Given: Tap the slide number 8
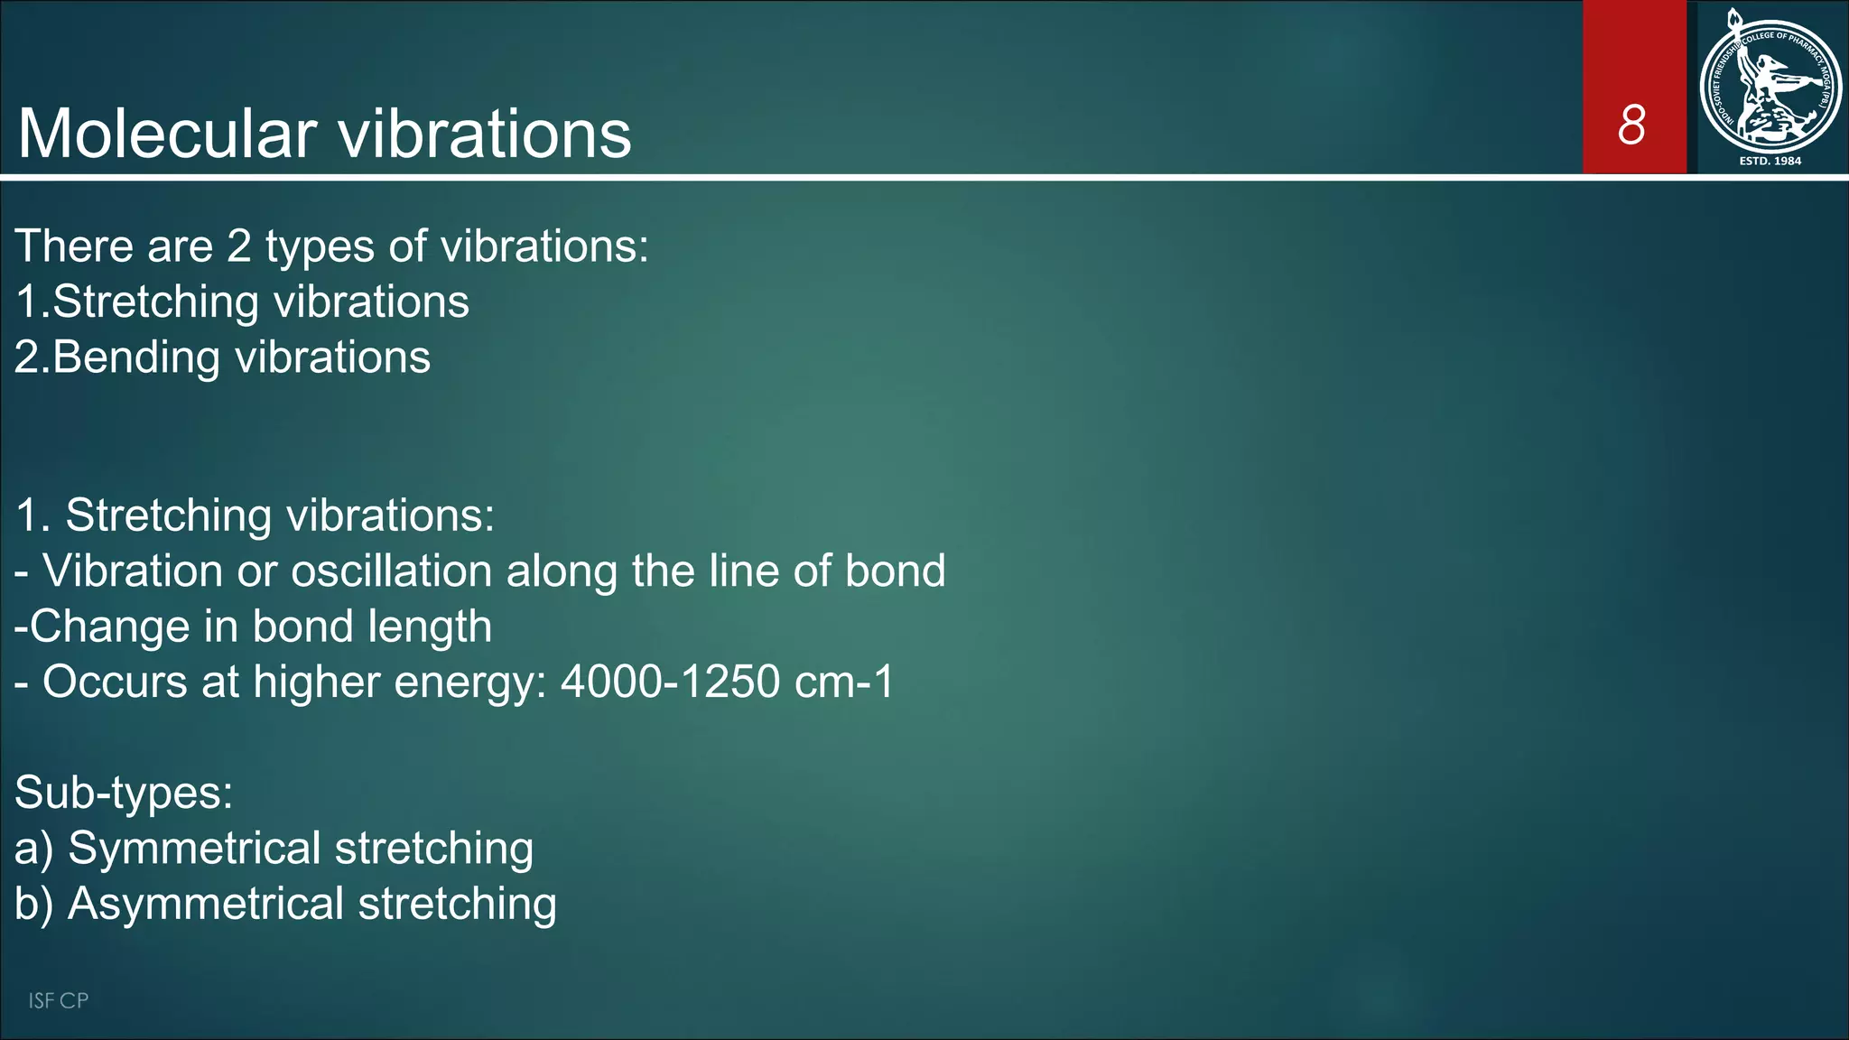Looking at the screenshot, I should pyautogui.click(x=1631, y=125).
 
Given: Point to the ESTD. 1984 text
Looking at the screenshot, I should pyautogui.click(x=1770, y=161).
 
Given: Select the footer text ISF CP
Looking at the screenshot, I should pyautogui.click(x=58, y=1000).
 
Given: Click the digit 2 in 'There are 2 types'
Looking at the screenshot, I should pyautogui.click(x=238, y=246).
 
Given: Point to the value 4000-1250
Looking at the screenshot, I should pyautogui.click(x=670, y=682).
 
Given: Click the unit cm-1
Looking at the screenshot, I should pyautogui.click(x=843, y=682).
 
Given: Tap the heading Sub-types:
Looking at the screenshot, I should pyautogui.click(x=124, y=794).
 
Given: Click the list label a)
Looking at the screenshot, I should pyautogui.click(x=34, y=850).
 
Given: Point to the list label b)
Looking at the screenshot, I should pyautogui.click(x=34, y=904).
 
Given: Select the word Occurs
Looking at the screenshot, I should pyautogui.click(x=115, y=682).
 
